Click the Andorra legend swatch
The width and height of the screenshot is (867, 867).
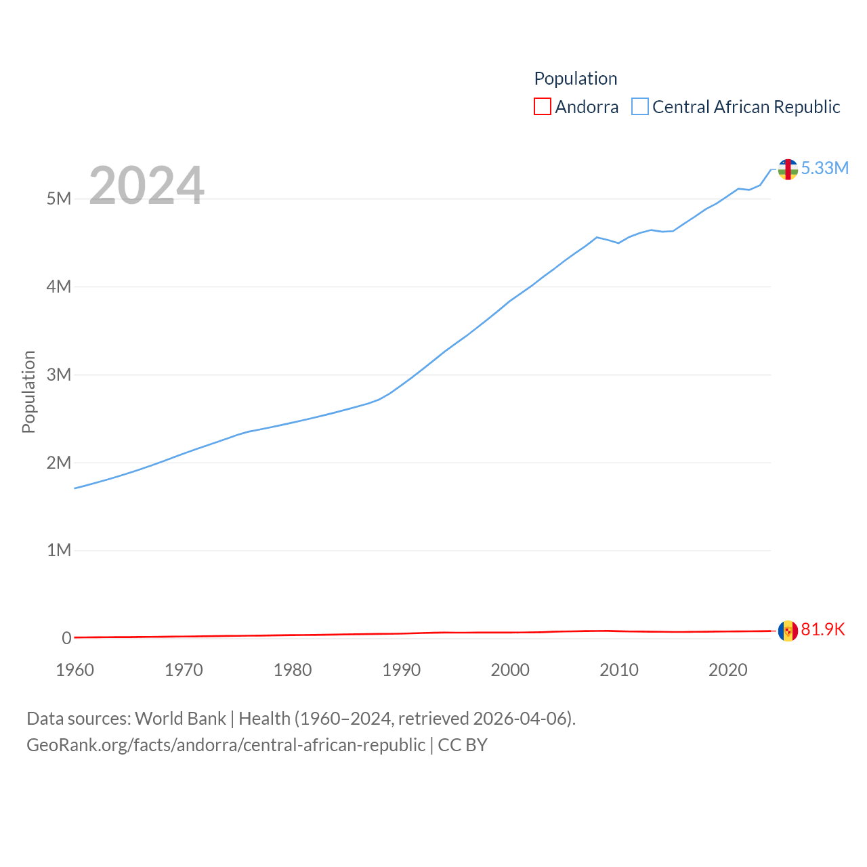point(543,107)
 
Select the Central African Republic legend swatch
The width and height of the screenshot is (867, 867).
point(640,107)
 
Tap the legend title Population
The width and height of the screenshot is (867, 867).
point(576,79)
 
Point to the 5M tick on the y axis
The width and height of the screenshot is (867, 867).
point(59,198)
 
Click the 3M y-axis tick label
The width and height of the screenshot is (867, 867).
point(59,375)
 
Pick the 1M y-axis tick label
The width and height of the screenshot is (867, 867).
point(59,550)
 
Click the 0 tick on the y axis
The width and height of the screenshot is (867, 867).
point(66,638)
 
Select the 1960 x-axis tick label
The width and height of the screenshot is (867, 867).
point(75,670)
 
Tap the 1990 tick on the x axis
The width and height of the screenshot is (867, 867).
point(402,670)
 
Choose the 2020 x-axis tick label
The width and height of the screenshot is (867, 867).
point(728,670)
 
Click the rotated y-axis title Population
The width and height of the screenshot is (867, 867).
point(28,392)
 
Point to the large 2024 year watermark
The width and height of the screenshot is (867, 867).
point(146,186)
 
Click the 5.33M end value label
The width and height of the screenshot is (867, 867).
point(825,168)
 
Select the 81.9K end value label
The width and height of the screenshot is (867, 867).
point(823,629)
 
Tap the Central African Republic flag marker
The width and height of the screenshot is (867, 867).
point(788,169)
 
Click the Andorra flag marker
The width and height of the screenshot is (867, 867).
point(788,631)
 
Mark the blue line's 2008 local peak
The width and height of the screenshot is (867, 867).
point(597,237)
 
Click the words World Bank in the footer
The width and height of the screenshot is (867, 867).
point(180,718)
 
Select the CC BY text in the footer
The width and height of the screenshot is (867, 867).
point(463,745)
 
